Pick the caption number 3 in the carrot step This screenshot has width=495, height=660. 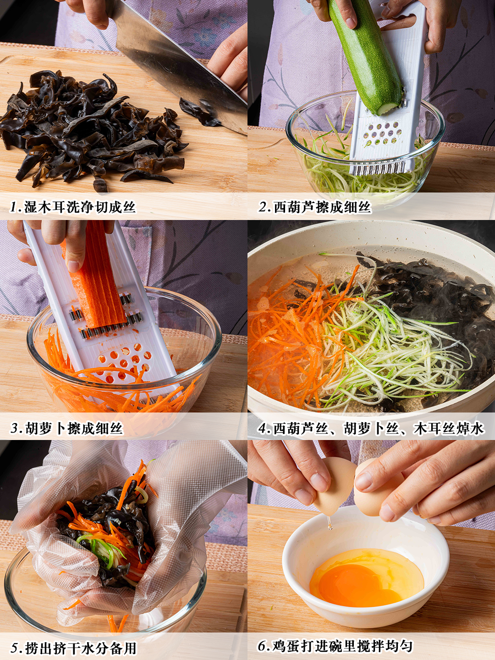[x=15, y=429]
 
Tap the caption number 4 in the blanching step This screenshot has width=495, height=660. [x=263, y=429]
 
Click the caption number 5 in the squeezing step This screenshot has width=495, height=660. [x=15, y=649]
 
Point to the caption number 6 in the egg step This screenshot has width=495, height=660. [x=263, y=646]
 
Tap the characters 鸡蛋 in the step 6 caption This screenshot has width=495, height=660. [x=286, y=646]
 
